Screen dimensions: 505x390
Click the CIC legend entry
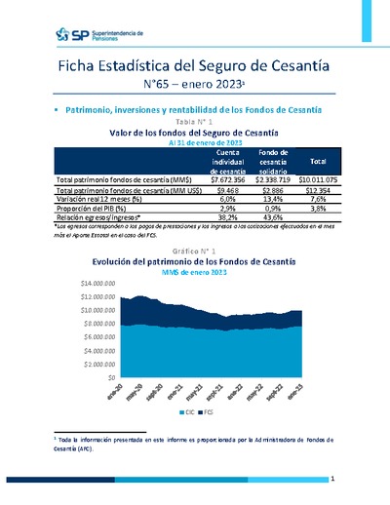pyautogui.click(x=191, y=413)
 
